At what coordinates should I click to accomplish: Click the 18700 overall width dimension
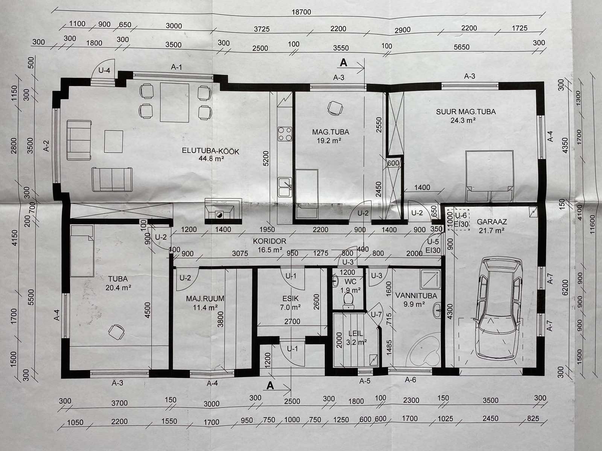click(x=301, y=12)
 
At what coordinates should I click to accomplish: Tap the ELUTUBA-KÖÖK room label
click(x=210, y=151)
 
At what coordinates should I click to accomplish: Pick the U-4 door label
click(x=104, y=70)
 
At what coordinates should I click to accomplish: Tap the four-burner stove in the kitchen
click(x=285, y=134)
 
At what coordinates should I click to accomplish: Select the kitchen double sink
click(x=285, y=187)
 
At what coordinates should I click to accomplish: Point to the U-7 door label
click(x=376, y=315)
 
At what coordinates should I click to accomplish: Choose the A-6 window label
click(x=410, y=380)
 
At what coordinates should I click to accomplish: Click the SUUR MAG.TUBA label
click(x=466, y=112)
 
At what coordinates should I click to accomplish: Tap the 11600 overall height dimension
click(x=592, y=224)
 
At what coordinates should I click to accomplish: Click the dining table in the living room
click(x=175, y=102)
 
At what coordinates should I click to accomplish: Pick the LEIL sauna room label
click(x=356, y=333)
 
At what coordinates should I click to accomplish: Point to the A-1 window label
click(x=176, y=67)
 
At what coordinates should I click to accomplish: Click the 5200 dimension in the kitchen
click(x=266, y=158)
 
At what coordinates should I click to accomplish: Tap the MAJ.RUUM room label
click(x=205, y=298)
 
